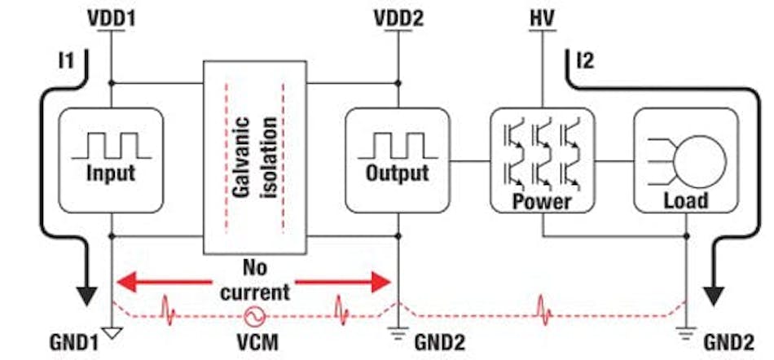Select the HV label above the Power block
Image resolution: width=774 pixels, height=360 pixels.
tap(539, 15)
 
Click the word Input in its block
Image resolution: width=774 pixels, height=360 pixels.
tap(112, 173)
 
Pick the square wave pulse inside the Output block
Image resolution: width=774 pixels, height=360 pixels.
tap(397, 145)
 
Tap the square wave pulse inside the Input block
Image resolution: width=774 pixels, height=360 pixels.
tap(112, 145)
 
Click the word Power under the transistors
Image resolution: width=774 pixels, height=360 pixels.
tap(541, 201)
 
